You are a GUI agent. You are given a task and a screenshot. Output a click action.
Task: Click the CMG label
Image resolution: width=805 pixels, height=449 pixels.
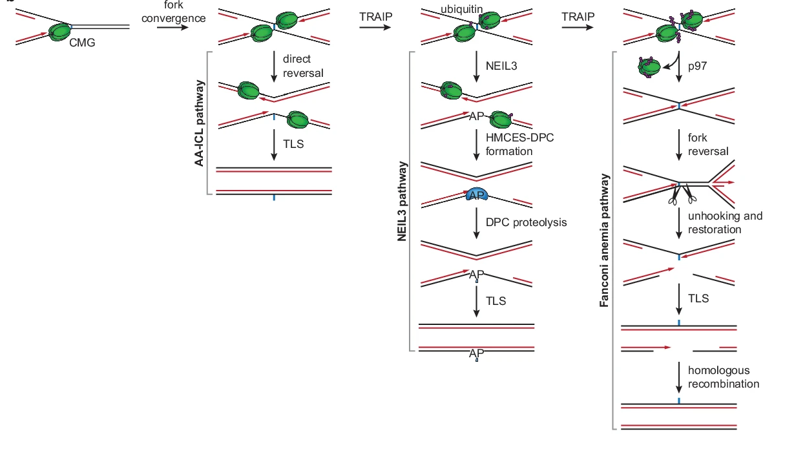click(x=82, y=44)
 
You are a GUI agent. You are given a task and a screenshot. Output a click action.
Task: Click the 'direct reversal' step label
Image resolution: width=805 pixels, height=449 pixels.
click(x=303, y=66)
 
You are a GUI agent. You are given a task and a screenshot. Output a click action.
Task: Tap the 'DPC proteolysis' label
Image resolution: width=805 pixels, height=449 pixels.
click(x=526, y=222)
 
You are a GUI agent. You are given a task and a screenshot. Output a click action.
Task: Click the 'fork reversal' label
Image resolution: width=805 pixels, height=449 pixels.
click(x=708, y=144)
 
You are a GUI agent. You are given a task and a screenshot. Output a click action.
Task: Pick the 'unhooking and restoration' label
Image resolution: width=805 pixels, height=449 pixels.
click(x=725, y=222)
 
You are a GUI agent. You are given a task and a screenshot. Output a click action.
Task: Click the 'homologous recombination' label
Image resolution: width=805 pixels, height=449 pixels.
click(x=723, y=377)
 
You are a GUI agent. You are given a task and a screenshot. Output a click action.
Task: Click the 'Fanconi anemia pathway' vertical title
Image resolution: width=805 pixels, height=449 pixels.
click(x=605, y=240)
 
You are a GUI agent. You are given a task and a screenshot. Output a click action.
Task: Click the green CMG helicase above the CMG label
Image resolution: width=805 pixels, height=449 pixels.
click(x=61, y=30)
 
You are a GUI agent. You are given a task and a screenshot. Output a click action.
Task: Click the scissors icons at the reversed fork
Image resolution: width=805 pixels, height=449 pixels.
click(x=682, y=194)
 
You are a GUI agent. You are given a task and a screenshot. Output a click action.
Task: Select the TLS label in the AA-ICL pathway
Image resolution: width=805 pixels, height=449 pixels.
click(x=293, y=143)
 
